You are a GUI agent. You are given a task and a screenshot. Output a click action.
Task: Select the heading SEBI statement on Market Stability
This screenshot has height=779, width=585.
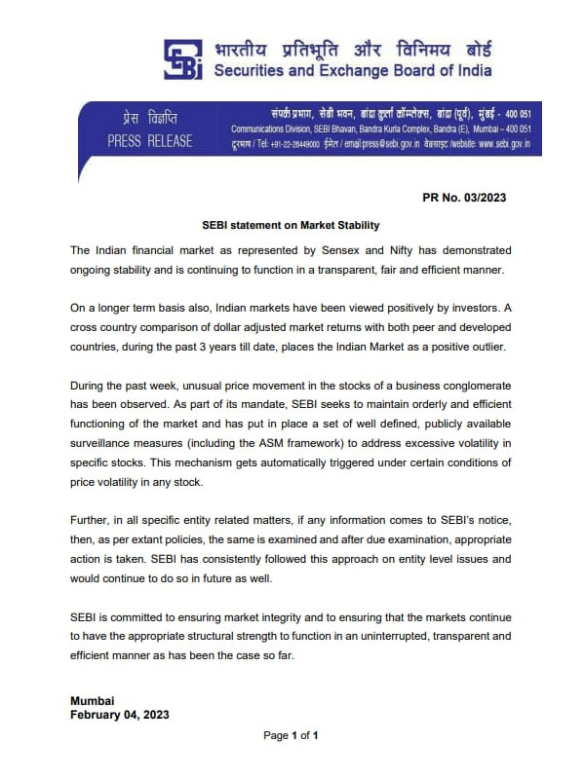[x=290, y=224]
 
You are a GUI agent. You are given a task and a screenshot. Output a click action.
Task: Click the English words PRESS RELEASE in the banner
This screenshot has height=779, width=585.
[x=150, y=142]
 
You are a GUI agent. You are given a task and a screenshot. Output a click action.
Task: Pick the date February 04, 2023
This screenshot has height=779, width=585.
[x=120, y=714]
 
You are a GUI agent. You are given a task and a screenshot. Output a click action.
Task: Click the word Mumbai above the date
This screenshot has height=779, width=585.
[x=93, y=700]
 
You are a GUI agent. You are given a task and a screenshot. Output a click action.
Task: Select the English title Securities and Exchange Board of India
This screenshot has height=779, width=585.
[x=352, y=70]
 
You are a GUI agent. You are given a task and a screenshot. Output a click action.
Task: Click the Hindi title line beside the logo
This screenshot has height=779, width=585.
[x=352, y=48]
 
